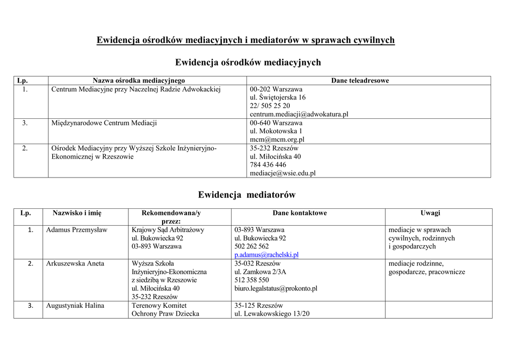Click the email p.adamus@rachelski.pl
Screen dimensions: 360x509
pos(266,255)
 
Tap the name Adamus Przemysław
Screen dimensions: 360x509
pos(77,230)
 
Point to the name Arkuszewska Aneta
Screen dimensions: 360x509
pos(75,264)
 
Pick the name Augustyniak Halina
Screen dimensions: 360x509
pos(75,305)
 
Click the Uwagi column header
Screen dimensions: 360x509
pos(430,213)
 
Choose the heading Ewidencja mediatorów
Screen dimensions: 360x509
pos(247,194)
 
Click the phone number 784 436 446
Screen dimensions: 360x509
pos(268,165)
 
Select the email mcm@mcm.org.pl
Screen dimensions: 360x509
pos(277,140)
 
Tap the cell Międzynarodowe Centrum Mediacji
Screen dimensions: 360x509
pos(104,123)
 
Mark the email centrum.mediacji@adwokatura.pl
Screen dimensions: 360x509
pos(299,114)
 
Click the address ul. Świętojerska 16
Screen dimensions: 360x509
pos(278,97)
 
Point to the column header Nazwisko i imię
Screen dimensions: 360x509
pos(77,213)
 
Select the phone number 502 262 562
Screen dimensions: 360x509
pos(252,246)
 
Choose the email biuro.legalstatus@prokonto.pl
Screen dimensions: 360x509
pos(276,288)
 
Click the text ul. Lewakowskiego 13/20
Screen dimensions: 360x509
pos(272,314)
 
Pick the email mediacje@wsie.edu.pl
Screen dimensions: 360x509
pos(282,174)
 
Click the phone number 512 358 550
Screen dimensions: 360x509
pos(252,280)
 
